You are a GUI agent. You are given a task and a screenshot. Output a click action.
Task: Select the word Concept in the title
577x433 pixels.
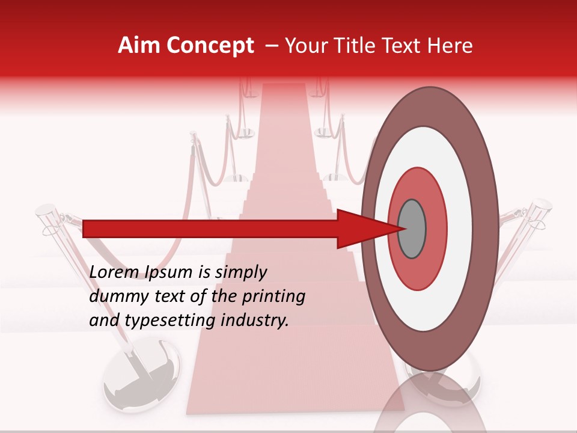coord(210,46)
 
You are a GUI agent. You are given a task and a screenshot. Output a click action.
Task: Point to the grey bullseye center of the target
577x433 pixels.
coord(412,229)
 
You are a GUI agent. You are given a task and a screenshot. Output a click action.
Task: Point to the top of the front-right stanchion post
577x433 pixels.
coord(541,206)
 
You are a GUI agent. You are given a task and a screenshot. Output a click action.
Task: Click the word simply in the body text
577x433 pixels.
coord(239,272)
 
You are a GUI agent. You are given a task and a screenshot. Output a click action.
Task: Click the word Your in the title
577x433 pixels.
coord(305,46)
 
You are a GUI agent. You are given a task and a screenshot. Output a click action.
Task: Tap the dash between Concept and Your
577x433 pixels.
coord(271,46)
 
